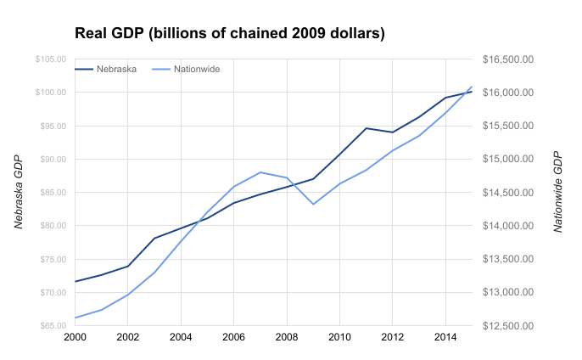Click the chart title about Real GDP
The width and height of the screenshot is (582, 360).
point(230,34)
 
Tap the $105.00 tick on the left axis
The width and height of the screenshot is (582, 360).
point(50,59)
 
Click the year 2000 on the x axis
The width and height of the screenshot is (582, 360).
point(75,337)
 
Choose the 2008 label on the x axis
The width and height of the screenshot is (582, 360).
point(287,337)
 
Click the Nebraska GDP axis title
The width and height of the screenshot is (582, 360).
point(18,193)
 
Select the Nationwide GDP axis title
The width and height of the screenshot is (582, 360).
point(557,193)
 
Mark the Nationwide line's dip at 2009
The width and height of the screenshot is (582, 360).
point(313,204)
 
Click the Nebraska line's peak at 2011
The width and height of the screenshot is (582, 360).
point(367,128)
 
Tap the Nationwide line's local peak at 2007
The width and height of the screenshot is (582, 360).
point(260,172)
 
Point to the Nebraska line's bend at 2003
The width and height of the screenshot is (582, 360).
point(154,239)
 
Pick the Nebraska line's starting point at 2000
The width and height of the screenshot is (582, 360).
point(75,281)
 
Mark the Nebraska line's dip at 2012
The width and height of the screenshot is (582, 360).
point(393,132)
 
